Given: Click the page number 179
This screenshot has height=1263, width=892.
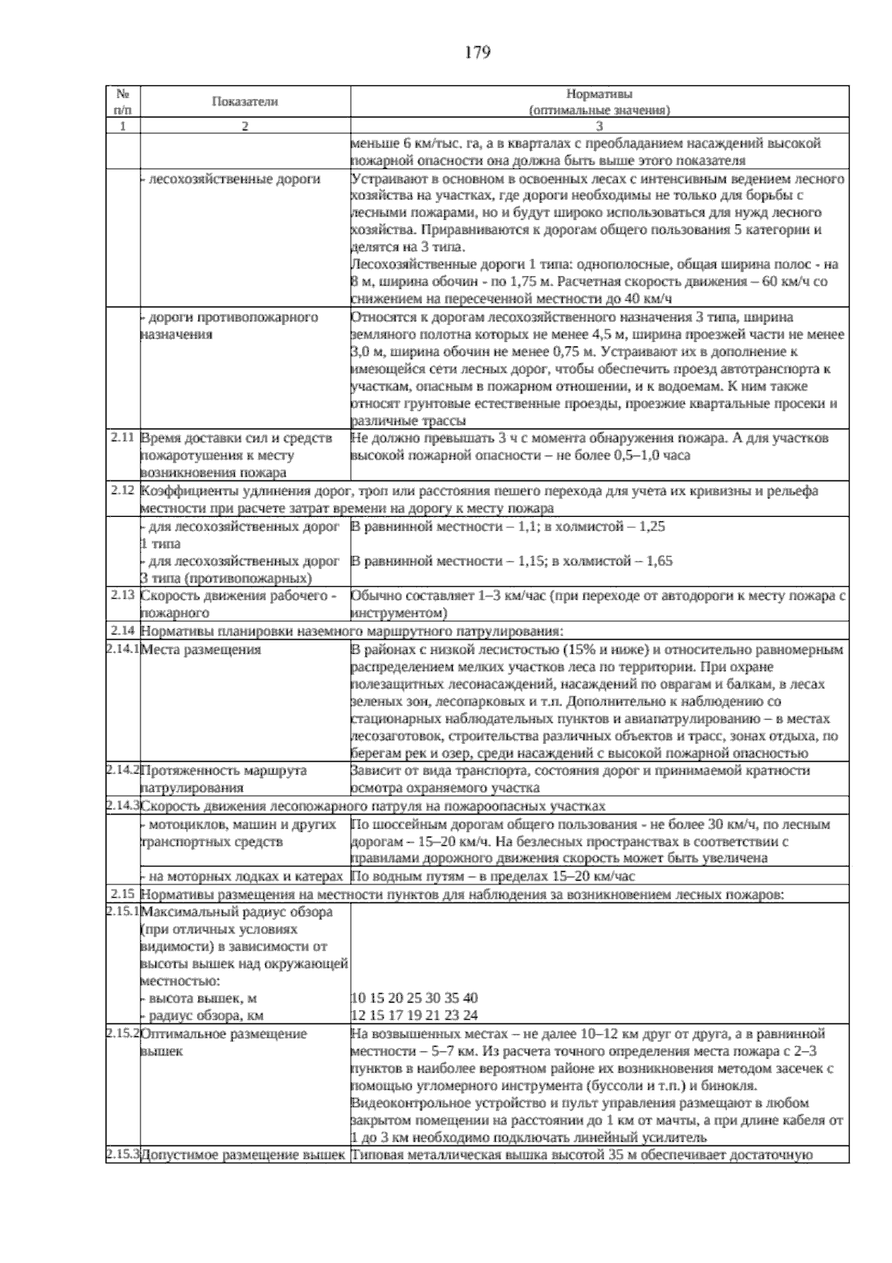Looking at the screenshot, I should pos(477,53).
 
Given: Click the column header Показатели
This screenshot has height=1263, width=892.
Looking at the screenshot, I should pos(245,102).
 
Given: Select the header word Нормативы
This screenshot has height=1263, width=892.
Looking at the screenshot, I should pos(599,94).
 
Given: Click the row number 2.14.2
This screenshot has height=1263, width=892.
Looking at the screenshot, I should pos(123,770).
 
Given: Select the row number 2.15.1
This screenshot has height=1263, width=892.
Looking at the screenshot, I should pos(123,910).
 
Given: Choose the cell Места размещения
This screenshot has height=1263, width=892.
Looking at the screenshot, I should pos(201,649).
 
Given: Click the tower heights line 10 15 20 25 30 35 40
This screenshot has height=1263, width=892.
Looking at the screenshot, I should pos(414,998).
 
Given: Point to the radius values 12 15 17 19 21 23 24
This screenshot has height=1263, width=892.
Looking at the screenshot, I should pos(414,1015).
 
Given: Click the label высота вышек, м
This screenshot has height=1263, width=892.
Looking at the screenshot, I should pos(199,998).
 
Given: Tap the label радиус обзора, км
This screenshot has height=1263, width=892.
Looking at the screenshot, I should pos(202,1015).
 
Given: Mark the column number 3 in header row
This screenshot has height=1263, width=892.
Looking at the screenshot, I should pos(599,126).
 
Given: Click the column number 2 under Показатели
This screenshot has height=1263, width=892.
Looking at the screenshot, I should pos(245,126).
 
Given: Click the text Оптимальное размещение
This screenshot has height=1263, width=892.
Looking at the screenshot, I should pos(223,1034).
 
